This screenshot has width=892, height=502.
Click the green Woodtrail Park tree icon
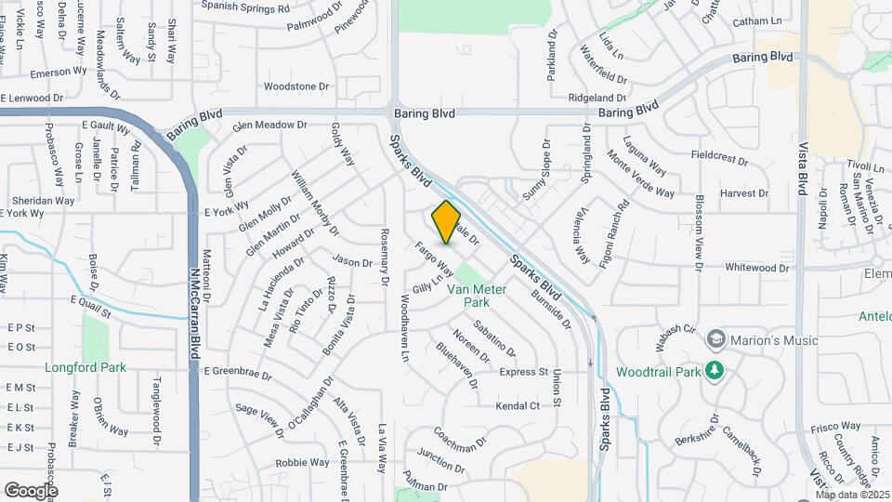[x=715, y=372]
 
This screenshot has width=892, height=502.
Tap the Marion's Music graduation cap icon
[x=715, y=339]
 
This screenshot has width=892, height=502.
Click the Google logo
[x=30, y=490]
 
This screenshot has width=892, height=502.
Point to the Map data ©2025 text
[x=851, y=494]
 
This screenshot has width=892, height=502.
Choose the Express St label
[x=524, y=372]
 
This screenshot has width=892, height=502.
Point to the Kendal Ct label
[x=518, y=406]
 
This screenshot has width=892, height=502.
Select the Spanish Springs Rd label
[x=245, y=7]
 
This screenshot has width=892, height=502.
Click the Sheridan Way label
[x=43, y=200]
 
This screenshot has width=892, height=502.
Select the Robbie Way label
[x=302, y=462]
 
